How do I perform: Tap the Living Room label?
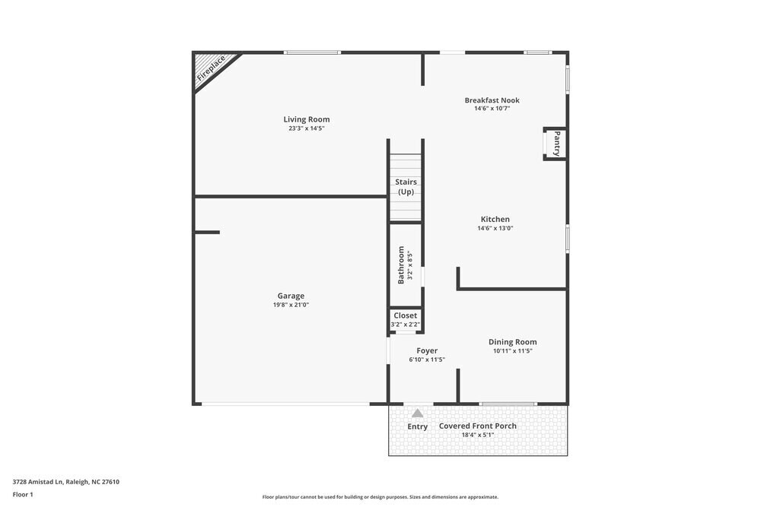(307, 119)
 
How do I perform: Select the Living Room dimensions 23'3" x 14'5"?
(307, 128)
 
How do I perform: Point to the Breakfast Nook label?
(492, 100)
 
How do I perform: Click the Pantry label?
(557, 143)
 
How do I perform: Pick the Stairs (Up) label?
(406, 187)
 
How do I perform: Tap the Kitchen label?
(495, 220)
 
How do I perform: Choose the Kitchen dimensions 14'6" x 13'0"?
(495, 228)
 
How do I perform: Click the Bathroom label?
(401, 265)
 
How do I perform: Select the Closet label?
(406, 315)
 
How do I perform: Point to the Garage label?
(291, 296)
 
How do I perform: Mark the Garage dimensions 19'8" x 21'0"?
(291, 305)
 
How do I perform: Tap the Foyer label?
(427, 350)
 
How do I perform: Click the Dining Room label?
(513, 342)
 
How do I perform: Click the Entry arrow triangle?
(418, 414)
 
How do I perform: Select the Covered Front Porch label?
(478, 426)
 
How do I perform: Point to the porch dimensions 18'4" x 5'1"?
(478, 435)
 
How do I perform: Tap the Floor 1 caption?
(23, 494)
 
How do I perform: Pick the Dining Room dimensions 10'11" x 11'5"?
(513, 351)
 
